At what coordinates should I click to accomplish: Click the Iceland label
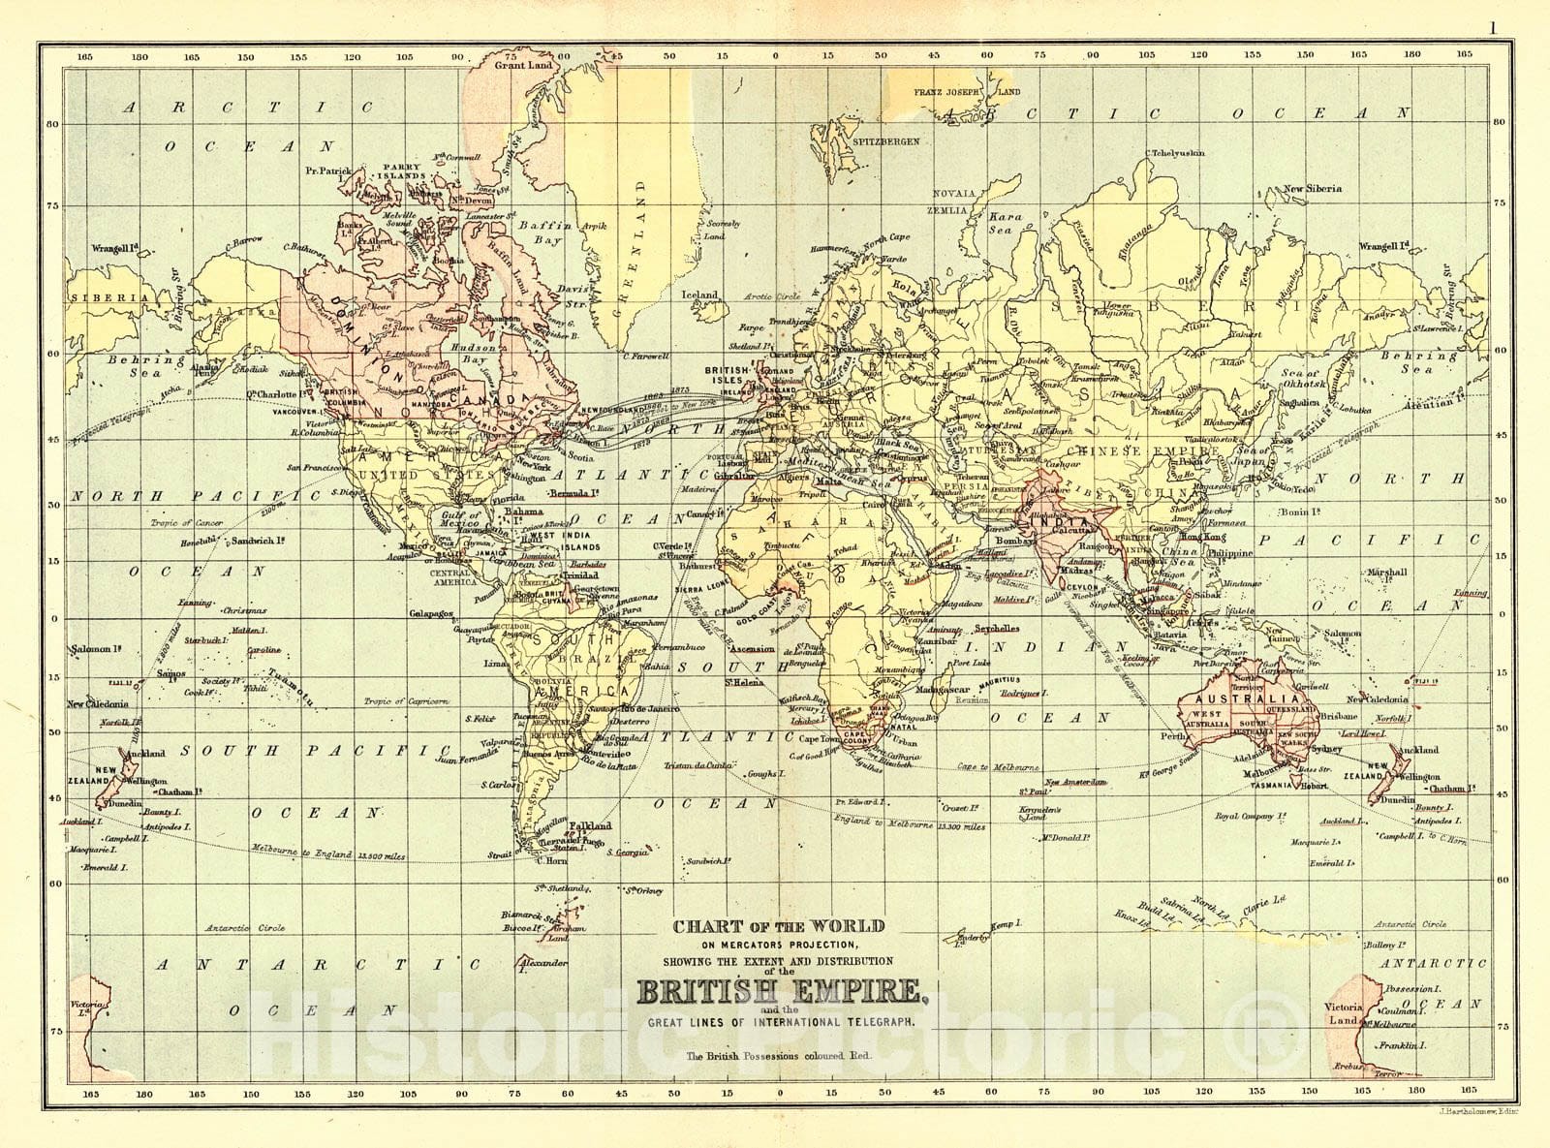pyautogui.click(x=699, y=295)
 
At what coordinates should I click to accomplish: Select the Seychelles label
pyautogui.click(x=995, y=628)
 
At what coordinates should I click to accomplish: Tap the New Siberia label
pyautogui.click(x=1313, y=189)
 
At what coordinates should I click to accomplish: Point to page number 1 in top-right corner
pyautogui.click(x=1493, y=27)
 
